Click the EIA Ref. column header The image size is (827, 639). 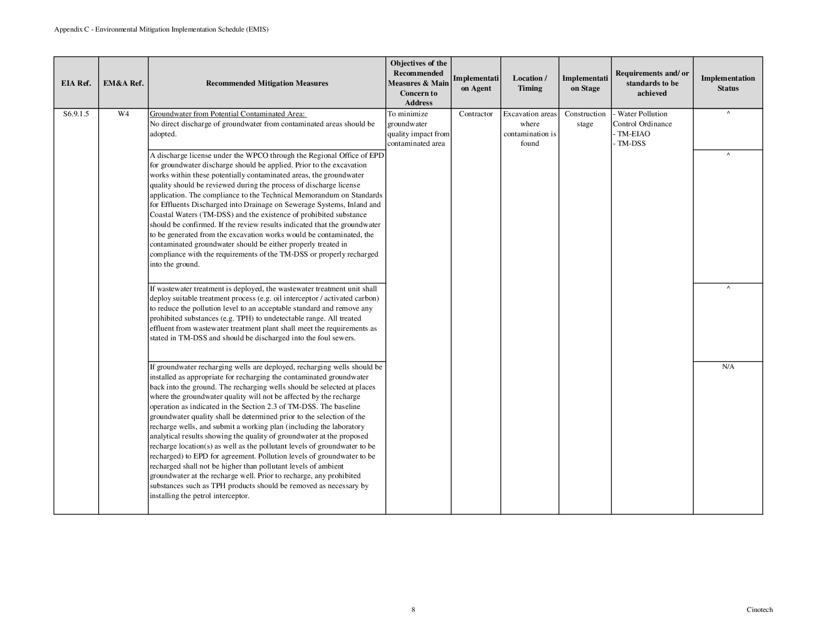76,83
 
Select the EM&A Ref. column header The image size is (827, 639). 123,83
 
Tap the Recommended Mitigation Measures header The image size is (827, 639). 267,83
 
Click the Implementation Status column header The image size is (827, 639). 728,83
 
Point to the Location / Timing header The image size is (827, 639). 530,83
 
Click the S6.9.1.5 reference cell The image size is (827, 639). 76,114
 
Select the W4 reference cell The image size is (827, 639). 123,114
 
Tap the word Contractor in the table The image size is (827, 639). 476,114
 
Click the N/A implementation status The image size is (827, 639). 728,367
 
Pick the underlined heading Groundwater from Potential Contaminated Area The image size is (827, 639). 228,114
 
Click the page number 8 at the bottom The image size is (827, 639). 413,610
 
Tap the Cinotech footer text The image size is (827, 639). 759,610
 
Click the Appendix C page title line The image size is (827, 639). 161,30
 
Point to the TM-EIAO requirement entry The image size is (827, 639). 633,134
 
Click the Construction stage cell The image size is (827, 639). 585,119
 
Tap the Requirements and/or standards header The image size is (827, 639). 652,83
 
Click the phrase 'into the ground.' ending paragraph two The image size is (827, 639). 174,265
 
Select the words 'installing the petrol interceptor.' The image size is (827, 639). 199,496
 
